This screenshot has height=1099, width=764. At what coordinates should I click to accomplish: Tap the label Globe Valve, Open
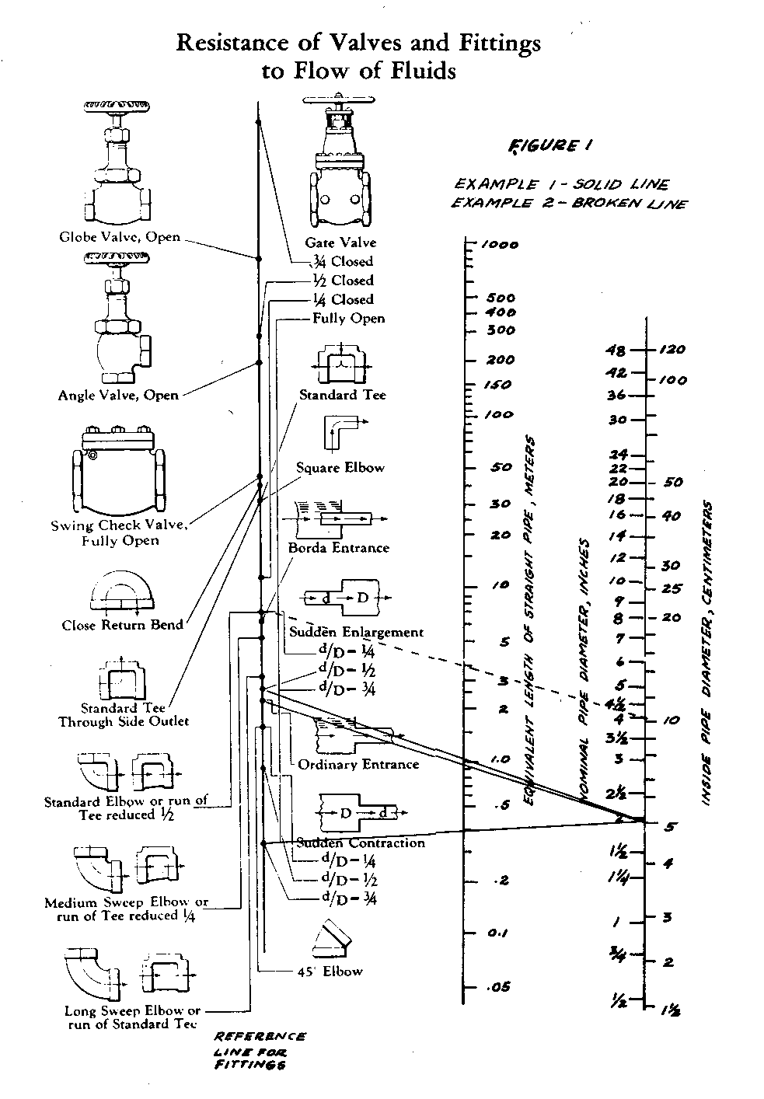pos(120,237)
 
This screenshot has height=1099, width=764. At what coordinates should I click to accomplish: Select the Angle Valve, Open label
pos(118,395)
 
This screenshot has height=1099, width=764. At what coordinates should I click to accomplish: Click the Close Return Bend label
pos(123,625)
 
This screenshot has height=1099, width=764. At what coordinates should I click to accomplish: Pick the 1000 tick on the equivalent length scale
pos(500,245)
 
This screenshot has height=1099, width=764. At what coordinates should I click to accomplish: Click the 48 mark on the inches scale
pos(616,350)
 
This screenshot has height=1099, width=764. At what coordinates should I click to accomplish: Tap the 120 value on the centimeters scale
pos(673,350)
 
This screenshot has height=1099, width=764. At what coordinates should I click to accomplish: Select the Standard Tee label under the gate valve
pos(343,395)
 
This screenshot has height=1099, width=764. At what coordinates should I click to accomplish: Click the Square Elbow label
pos(340,468)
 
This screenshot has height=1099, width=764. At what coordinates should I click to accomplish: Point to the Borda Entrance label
pos(339,548)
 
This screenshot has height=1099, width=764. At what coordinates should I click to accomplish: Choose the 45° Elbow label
pos(330,971)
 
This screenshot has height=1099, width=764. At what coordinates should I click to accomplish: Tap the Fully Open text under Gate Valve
pos(348,318)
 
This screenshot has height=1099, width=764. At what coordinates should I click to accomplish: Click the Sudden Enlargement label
pos(357,632)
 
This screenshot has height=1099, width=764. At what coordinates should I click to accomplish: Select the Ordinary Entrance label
pos(358,764)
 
